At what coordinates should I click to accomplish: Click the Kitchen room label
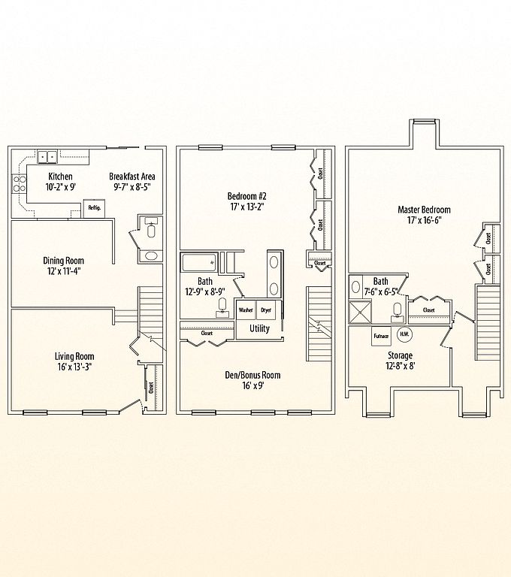[60, 177]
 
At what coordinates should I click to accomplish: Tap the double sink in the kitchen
[47, 157]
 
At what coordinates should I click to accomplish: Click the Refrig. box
[94, 208]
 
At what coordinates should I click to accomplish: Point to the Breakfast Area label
[132, 177]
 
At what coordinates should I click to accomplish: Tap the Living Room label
[74, 356]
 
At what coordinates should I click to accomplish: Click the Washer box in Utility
[246, 310]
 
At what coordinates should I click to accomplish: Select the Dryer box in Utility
[266, 310]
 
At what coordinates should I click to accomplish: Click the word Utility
[259, 328]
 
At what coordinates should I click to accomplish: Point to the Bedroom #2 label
[246, 196]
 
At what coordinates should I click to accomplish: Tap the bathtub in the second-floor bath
[199, 262]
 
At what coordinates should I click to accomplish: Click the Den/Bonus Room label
[252, 375]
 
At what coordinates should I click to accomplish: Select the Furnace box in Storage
[381, 336]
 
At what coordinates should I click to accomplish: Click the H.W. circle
[404, 334]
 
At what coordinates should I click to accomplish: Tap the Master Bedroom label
[424, 210]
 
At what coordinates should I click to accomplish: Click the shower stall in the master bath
[360, 313]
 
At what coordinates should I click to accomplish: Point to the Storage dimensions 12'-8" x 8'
[401, 366]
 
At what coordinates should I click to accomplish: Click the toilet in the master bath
[397, 310]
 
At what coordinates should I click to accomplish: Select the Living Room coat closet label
[151, 388]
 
